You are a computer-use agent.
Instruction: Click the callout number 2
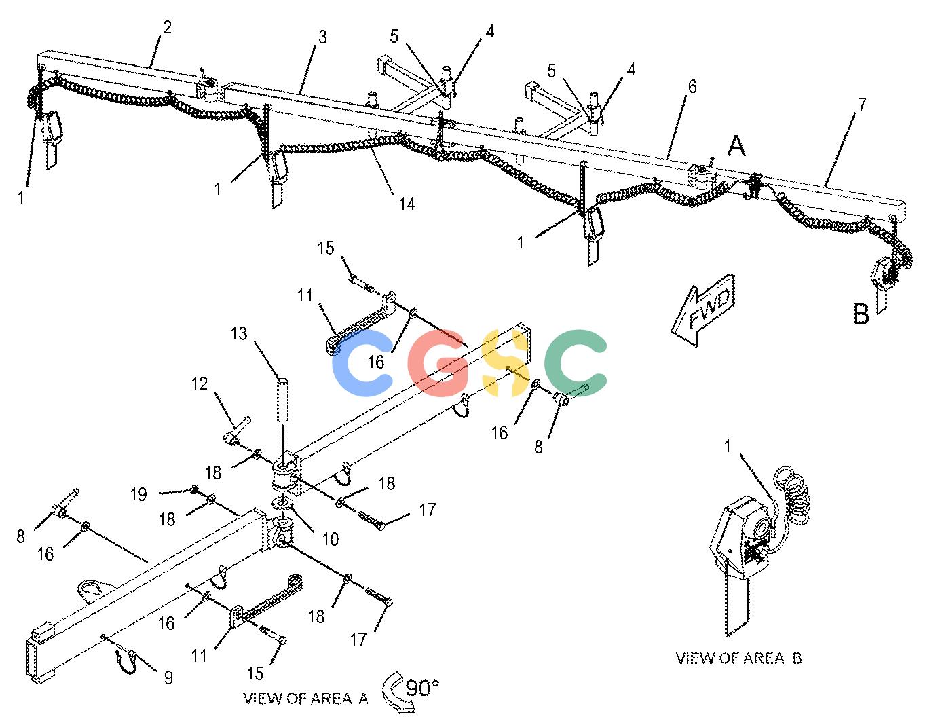click(167, 27)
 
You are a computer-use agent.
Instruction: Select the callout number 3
click(322, 37)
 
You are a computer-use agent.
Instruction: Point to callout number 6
click(692, 87)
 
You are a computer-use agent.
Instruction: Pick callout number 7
click(861, 104)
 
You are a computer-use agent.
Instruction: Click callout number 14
click(407, 204)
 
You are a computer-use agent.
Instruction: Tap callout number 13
click(239, 333)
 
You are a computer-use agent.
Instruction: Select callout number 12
click(199, 384)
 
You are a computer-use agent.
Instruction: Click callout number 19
click(138, 494)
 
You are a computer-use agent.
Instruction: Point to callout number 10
click(331, 539)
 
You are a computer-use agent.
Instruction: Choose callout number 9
click(169, 677)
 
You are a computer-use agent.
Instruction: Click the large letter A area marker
click(736, 146)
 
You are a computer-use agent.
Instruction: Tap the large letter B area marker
click(861, 314)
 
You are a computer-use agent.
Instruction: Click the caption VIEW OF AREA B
click(738, 658)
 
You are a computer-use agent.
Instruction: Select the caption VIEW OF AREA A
click(305, 698)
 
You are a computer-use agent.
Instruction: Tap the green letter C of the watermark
click(576, 362)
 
